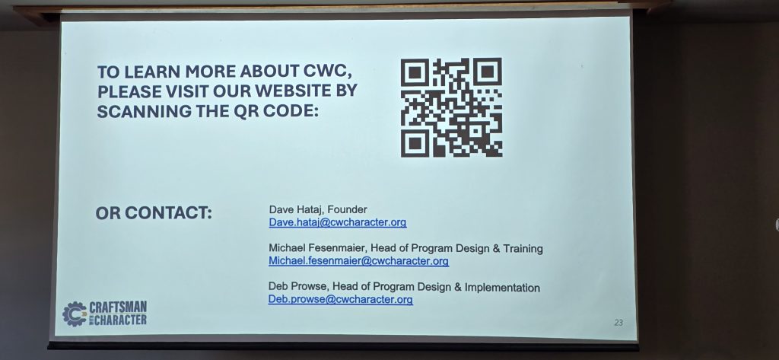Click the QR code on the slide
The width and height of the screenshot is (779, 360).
[x=451, y=107]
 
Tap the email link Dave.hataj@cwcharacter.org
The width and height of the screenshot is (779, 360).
[x=338, y=222]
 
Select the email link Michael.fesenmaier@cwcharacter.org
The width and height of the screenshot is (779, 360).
[x=359, y=261]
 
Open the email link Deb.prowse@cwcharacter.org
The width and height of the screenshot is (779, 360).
[x=340, y=299]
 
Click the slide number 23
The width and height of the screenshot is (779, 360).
[x=618, y=323]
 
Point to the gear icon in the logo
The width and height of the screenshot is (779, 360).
[x=75, y=314]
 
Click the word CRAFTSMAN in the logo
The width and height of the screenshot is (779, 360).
[x=118, y=307]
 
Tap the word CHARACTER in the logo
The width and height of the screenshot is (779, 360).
[x=120, y=319]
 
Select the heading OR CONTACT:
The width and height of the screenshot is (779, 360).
[x=154, y=213]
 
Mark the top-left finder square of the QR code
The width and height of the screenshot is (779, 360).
[x=415, y=72]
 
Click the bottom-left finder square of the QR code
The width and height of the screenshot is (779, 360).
[x=415, y=143]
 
